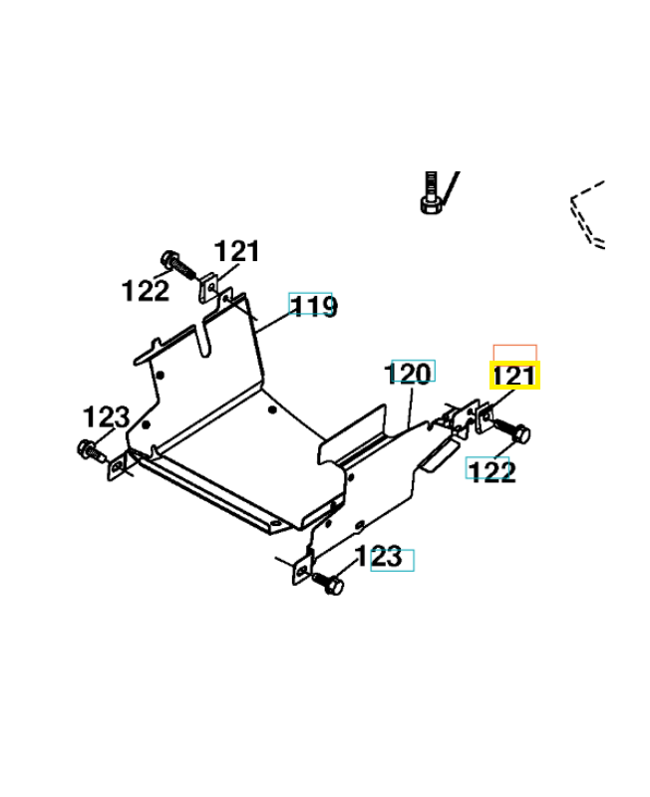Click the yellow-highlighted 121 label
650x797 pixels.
[x=514, y=377]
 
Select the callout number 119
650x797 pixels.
[x=311, y=305]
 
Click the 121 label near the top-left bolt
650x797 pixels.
[x=236, y=251]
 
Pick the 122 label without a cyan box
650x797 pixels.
[x=146, y=291]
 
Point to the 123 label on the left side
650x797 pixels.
[x=106, y=416]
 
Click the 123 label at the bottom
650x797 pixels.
[x=391, y=558]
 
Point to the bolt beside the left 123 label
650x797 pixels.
[x=91, y=449]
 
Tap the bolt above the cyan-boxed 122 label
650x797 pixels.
[x=514, y=432]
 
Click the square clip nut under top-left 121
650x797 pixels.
[x=208, y=288]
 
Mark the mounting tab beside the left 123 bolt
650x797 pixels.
[x=118, y=466]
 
